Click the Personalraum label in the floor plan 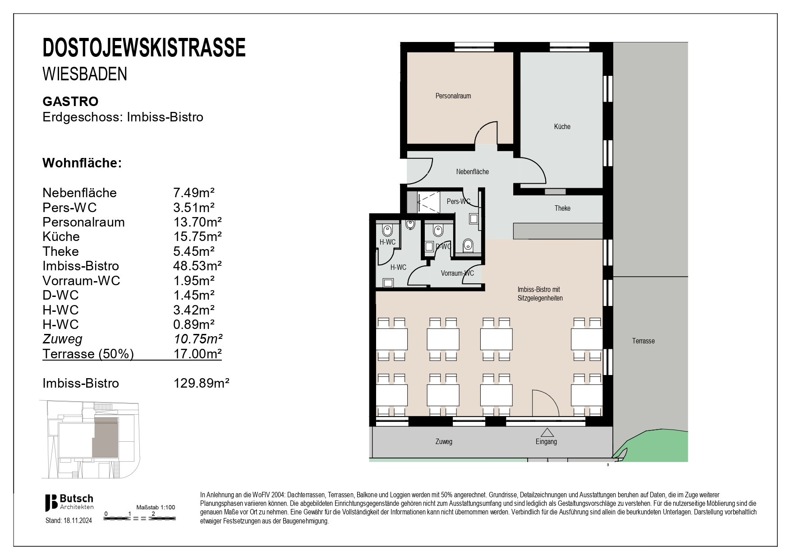pos(453,96)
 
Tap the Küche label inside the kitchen pos(562,127)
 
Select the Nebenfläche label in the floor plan pos(472,172)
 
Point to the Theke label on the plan pos(562,208)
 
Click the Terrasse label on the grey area pos(643,341)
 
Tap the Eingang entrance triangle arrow pos(547,432)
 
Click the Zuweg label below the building pos(444,442)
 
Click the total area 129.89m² pos(202,384)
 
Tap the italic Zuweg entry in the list pos(62,339)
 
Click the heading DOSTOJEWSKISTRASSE pos(144,48)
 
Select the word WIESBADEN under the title pos(85,74)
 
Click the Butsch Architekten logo pos(69,502)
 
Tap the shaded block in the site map pos(105,437)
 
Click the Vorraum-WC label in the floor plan pos(457,273)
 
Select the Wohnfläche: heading pos(82,163)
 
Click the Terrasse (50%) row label pos(88,354)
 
